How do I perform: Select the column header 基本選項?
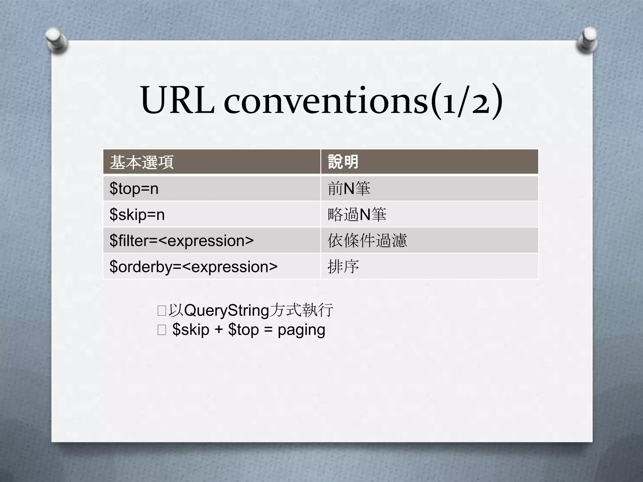[x=142, y=162]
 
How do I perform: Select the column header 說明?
[x=343, y=162]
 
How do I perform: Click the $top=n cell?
[x=134, y=189]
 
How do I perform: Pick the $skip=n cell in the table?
[x=137, y=215]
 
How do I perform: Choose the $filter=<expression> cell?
[x=181, y=241]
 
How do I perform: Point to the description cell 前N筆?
[x=349, y=189]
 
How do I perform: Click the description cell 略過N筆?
[x=357, y=215]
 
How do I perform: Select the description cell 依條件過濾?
[x=367, y=241]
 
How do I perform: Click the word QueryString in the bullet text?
[x=227, y=311]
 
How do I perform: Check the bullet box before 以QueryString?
[x=162, y=311]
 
